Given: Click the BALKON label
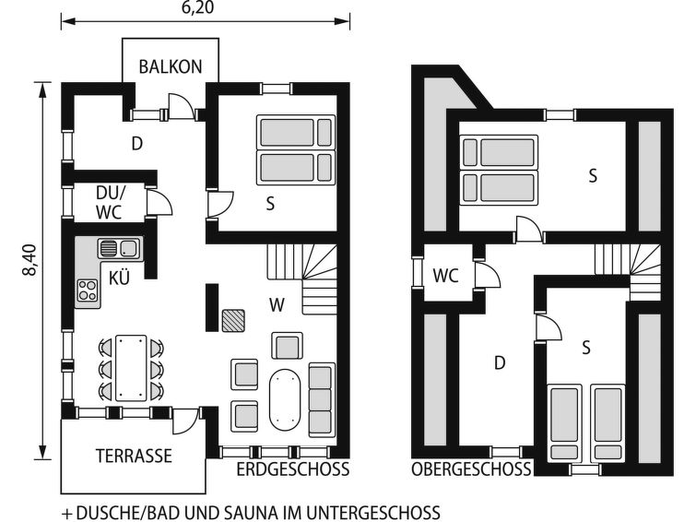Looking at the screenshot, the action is coord(170,66).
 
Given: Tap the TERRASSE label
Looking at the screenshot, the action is coord(134,456).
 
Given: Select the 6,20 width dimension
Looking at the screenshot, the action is coord(197,7).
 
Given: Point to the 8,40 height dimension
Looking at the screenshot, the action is coord(30,260).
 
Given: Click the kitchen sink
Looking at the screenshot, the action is coord(119,248).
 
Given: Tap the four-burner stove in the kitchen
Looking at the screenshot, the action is coord(87,291).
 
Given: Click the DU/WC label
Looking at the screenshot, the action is coord(110,203).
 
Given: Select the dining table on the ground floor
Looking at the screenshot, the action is coord(131,368).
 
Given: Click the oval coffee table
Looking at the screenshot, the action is coord(285,399).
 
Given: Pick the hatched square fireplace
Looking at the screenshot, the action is coord(233,321).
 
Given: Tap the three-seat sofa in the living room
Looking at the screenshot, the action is coord(321,398).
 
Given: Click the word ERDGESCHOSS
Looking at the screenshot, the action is coord(292,469).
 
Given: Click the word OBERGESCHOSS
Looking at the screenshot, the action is coord(471,469).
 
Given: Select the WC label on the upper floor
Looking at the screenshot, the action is coord(445,276).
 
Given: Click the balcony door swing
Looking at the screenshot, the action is coord(181,107).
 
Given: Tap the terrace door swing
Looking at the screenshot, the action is coord(185,421).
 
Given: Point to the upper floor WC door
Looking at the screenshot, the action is coord(488,276).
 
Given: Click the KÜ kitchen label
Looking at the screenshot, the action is coord(119,279).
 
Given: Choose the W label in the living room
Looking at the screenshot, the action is coord(277,305).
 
